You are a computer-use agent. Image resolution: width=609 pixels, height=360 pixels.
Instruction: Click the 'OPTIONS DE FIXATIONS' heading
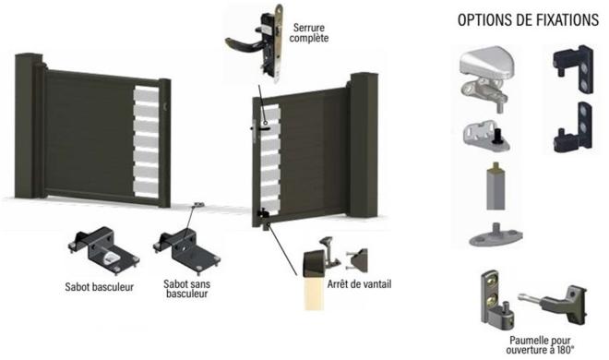[x=528, y=19]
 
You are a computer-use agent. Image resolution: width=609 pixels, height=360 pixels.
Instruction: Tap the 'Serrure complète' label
[x=309, y=33]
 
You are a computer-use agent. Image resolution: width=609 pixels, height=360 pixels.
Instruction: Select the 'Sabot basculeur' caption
[x=99, y=287]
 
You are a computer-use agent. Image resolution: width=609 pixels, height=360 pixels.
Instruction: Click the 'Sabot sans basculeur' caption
[x=186, y=289]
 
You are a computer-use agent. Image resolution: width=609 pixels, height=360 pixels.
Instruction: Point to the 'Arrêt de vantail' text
[x=359, y=284]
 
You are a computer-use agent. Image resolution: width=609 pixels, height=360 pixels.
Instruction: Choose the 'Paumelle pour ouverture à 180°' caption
[x=540, y=345]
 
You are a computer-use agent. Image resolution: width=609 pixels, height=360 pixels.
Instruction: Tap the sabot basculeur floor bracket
[x=103, y=250]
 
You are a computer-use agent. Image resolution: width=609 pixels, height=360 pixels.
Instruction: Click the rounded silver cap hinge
[x=486, y=76]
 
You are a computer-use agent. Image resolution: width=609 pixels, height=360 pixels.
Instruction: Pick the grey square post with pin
[x=496, y=186]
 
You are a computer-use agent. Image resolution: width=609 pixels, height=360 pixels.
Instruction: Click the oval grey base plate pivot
[x=496, y=235]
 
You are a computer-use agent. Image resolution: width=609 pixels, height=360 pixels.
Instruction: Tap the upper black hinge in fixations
[x=574, y=69]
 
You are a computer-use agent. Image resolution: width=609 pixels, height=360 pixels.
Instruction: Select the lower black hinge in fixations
[x=574, y=127]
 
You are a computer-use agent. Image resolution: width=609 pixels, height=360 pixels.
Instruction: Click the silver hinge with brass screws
[x=494, y=297]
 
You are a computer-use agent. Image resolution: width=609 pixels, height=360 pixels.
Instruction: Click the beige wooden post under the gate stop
[x=314, y=293]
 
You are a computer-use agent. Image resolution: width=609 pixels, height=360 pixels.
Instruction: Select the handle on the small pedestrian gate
[x=259, y=128]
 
